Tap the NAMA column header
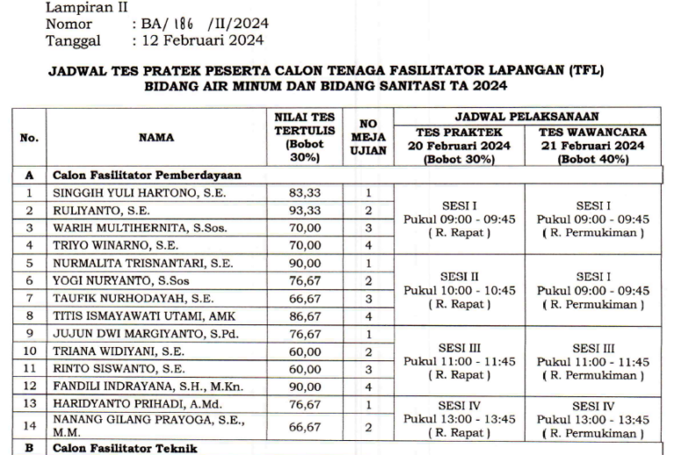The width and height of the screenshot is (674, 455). click(156, 137)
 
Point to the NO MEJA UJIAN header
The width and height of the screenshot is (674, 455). click(369, 137)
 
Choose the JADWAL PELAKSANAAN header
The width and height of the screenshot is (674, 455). click(527, 116)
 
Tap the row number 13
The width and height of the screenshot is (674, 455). click(29, 403)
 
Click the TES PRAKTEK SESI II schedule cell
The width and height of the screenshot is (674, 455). click(459, 289)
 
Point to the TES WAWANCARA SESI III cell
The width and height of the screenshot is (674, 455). click(593, 362)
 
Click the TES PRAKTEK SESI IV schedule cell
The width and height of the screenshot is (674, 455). click(459, 420)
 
